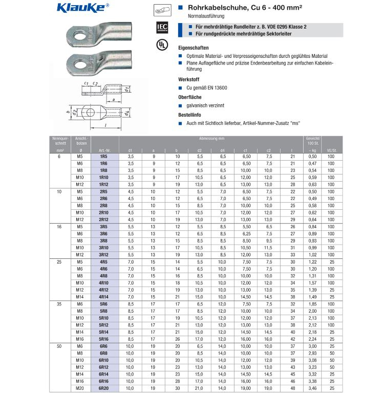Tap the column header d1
click(130, 149)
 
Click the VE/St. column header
click(331, 149)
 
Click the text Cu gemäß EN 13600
click(206, 88)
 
